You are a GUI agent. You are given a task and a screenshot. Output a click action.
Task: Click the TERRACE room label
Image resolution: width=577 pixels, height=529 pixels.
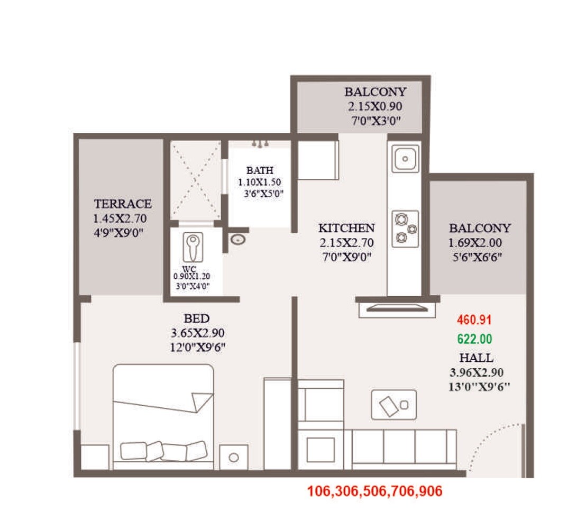[122, 204]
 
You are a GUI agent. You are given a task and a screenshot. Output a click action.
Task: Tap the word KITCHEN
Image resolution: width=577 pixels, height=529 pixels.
[346, 228]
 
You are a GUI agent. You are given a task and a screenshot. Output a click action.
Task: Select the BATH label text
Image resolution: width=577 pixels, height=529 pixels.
[260, 170]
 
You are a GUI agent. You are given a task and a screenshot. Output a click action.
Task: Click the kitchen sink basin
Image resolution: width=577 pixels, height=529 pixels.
[406, 158]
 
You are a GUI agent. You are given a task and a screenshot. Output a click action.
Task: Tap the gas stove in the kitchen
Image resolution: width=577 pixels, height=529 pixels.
[405, 229]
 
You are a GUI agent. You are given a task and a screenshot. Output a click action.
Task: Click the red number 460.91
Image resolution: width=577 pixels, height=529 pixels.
[474, 320]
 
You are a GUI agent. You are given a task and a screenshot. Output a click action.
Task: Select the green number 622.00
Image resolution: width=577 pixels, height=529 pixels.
[474, 339]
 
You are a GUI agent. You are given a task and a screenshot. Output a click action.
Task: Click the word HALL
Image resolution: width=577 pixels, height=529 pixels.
[476, 358]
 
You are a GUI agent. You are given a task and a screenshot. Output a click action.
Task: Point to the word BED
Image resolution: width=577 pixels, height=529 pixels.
[197, 318]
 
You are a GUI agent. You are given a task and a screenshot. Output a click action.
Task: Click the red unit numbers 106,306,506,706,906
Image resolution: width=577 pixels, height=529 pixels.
[374, 491]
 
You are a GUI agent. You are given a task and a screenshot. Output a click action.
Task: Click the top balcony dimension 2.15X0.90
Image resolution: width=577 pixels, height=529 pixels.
[374, 106]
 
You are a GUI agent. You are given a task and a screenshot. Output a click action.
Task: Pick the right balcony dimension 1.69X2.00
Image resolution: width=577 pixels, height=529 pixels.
[475, 243]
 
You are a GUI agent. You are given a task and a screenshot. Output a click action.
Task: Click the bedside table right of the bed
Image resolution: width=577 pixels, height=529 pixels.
[234, 457]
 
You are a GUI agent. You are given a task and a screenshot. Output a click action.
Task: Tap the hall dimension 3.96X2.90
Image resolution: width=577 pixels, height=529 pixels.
[476, 372]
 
